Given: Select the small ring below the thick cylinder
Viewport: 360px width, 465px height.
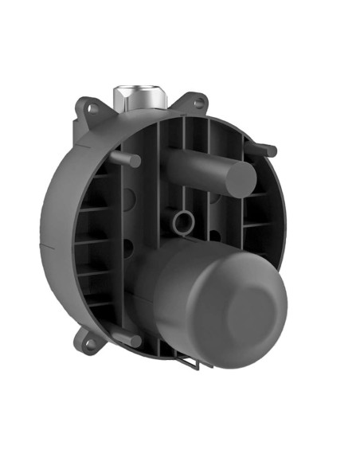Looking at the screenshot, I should pyautogui.click(x=184, y=221).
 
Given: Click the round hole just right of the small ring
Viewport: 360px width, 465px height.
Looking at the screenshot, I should pyautogui.click(x=214, y=236).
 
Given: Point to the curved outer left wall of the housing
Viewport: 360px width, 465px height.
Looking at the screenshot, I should pyautogui.click(x=56, y=239).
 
